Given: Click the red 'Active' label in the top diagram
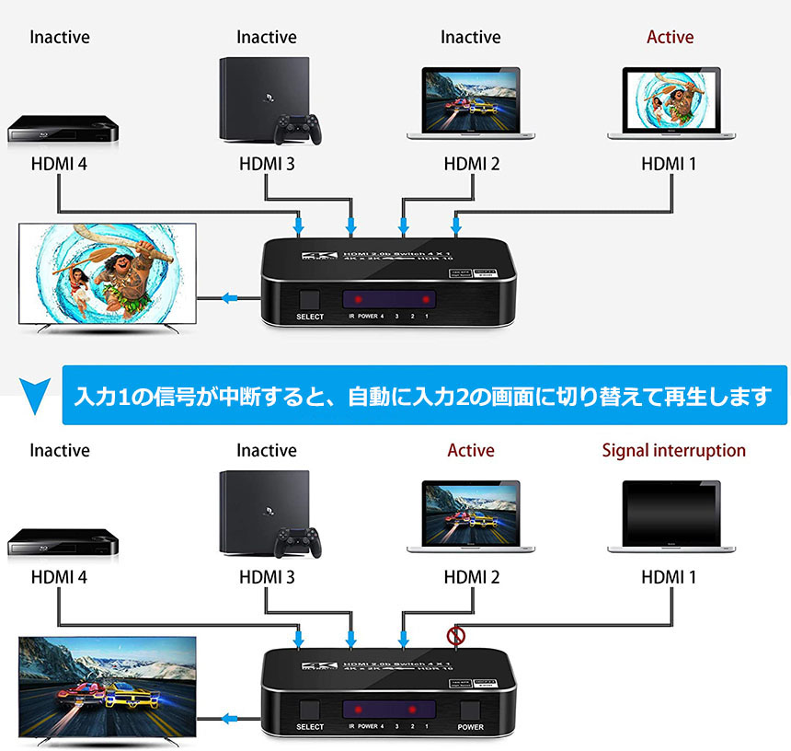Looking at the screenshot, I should [x=670, y=38].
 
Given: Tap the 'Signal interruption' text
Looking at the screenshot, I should [x=673, y=451].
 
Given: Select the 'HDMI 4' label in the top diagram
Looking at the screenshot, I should [x=59, y=165].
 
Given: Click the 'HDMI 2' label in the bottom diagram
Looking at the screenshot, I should [x=471, y=578].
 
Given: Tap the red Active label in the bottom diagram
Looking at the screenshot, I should [x=471, y=451].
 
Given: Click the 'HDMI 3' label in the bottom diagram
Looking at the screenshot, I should [x=267, y=578].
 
